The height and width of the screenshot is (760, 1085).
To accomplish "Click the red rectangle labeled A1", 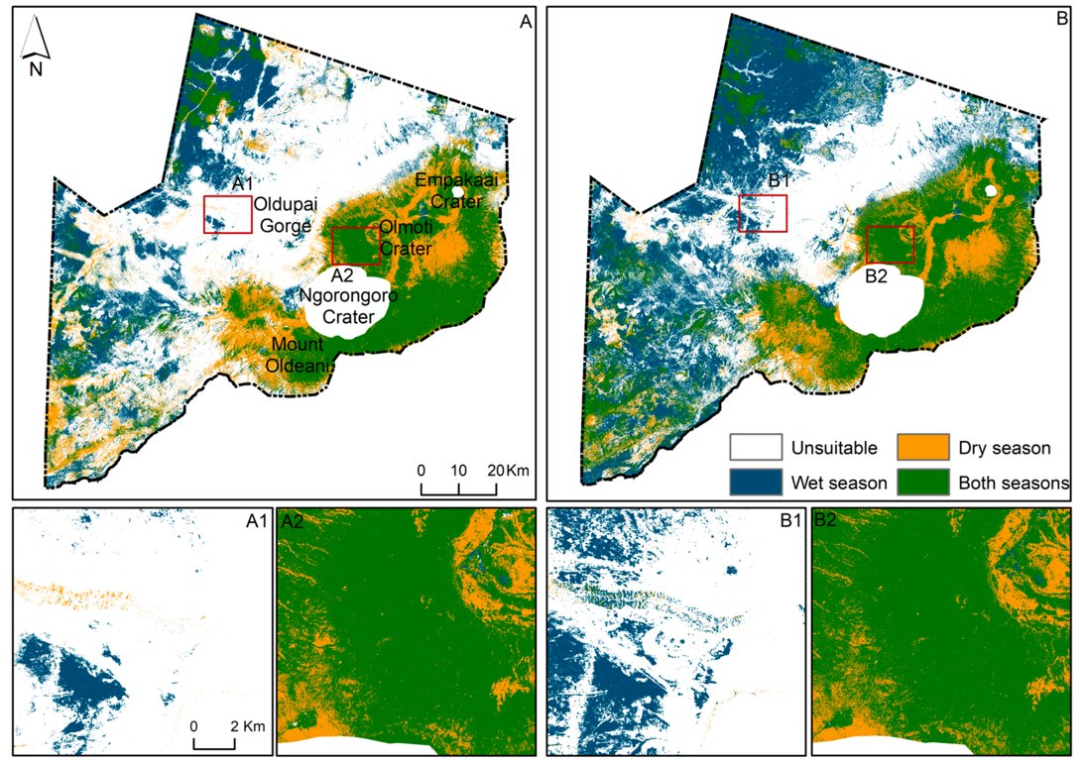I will [227, 214].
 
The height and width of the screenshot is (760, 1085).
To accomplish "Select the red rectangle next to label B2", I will [889, 244].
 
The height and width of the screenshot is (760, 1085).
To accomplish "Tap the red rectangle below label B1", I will [763, 213].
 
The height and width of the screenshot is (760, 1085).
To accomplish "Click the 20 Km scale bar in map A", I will [458, 487].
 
